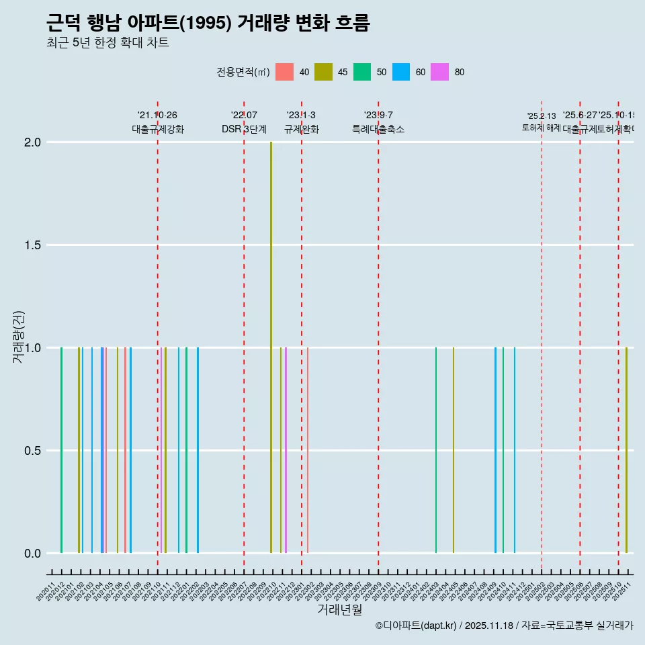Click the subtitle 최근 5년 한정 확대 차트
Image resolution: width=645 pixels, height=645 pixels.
click(x=107, y=43)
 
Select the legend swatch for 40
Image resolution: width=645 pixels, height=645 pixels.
click(x=285, y=72)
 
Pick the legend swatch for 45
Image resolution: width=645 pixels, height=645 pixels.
click(x=324, y=72)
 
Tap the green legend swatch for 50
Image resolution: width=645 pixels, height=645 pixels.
click(x=362, y=72)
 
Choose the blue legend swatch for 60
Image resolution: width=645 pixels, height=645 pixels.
click(x=401, y=72)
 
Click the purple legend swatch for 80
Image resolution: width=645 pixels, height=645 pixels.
click(x=440, y=72)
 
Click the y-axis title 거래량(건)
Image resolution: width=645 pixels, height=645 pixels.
click(x=18, y=337)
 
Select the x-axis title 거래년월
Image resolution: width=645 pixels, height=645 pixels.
click(x=339, y=609)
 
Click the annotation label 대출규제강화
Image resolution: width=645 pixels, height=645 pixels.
click(x=157, y=129)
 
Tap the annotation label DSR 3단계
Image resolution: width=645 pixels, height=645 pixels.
click(x=244, y=129)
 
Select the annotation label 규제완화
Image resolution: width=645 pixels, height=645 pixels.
click(x=301, y=129)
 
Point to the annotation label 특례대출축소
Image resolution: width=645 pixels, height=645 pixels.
click(x=378, y=129)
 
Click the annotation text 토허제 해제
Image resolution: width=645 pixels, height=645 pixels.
click(x=542, y=128)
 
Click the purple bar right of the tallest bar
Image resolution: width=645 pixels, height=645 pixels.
click(x=286, y=450)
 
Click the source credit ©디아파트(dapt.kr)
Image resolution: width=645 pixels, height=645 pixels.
click(x=416, y=626)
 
